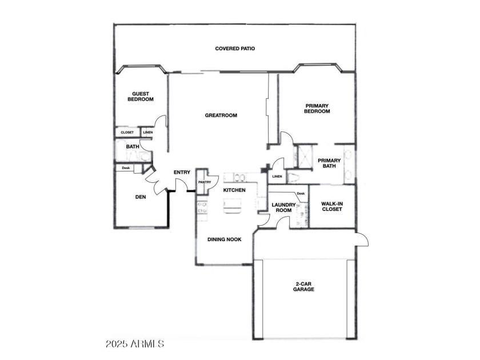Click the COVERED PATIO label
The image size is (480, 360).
pyautogui.click(x=235, y=49)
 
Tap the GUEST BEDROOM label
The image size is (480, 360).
pyautogui.click(x=141, y=97)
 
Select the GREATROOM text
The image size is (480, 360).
pyautogui.click(x=221, y=115)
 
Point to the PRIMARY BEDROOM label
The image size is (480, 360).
pyautogui.click(x=317, y=109)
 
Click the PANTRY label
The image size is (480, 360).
pyautogui.click(x=205, y=182)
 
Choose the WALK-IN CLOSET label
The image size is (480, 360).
pyautogui.click(x=332, y=206)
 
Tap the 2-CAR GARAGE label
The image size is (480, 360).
pyautogui.click(x=303, y=286)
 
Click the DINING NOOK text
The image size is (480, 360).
pyautogui.click(x=225, y=239)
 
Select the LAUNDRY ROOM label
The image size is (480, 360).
pyautogui.click(x=283, y=207)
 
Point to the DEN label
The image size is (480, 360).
pyautogui.click(x=141, y=197)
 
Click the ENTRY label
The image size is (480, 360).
pyautogui.click(x=182, y=173)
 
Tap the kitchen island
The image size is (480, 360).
pyautogui.click(x=232, y=205)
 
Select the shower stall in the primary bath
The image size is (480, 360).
pyautogui.click(x=305, y=157)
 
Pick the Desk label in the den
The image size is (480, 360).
pyautogui.click(x=126, y=168)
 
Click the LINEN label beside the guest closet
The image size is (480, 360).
pyautogui.click(x=148, y=133)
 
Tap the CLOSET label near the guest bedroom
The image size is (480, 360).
pyautogui.click(x=127, y=133)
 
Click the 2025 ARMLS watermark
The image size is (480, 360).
pyautogui.click(x=135, y=344)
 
